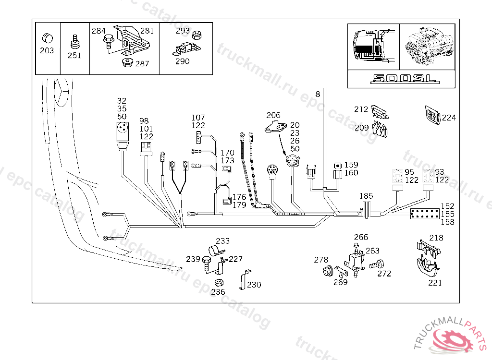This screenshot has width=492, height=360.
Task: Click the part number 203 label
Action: tap(47, 50)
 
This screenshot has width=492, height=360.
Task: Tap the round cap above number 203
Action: tap(48, 38)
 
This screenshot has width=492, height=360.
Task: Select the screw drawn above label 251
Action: tap(74, 42)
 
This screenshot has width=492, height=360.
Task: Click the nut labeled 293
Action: tap(197, 35)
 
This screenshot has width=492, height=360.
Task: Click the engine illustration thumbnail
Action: tap(427, 47)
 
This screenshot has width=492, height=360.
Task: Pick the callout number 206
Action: tap(273, 115)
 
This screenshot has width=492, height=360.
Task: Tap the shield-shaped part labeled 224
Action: tap(433, 115)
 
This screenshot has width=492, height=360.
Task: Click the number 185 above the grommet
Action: tap(366, 196)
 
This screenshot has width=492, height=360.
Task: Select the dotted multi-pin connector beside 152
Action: tap(425, 214)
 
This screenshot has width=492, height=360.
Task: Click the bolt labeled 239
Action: tap(207, 264)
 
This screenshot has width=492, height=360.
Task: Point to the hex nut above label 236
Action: tap(219, 283)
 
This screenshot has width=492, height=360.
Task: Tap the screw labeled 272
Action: tap(377, 264)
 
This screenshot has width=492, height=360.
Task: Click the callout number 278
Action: tap(320, 260)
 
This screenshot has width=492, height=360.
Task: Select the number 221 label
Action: tap(435, 283)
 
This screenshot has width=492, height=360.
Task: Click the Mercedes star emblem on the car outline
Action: tap(61, 92)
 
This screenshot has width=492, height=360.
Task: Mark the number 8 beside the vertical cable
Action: tap(318, 94)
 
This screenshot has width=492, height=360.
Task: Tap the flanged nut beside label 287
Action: tap(127, 62)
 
